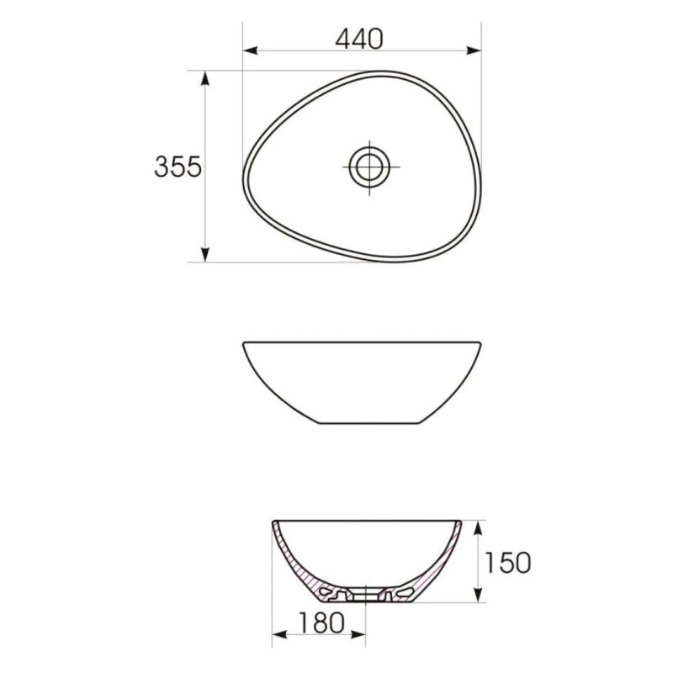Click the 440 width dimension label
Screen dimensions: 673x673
[359, 39]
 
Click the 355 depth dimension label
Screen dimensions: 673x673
[178, 167]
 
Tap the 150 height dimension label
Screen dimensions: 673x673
[508, 562]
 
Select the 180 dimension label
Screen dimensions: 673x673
[321, 623]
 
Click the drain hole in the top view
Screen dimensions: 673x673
[369, 167]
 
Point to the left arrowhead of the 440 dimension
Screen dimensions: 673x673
[250, 50]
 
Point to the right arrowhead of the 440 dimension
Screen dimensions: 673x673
[474, 50]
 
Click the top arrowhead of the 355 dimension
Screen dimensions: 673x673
[205, 78]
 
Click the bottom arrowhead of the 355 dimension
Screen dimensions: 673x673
[205, 255]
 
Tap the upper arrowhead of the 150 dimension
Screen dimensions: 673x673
[477, 528]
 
